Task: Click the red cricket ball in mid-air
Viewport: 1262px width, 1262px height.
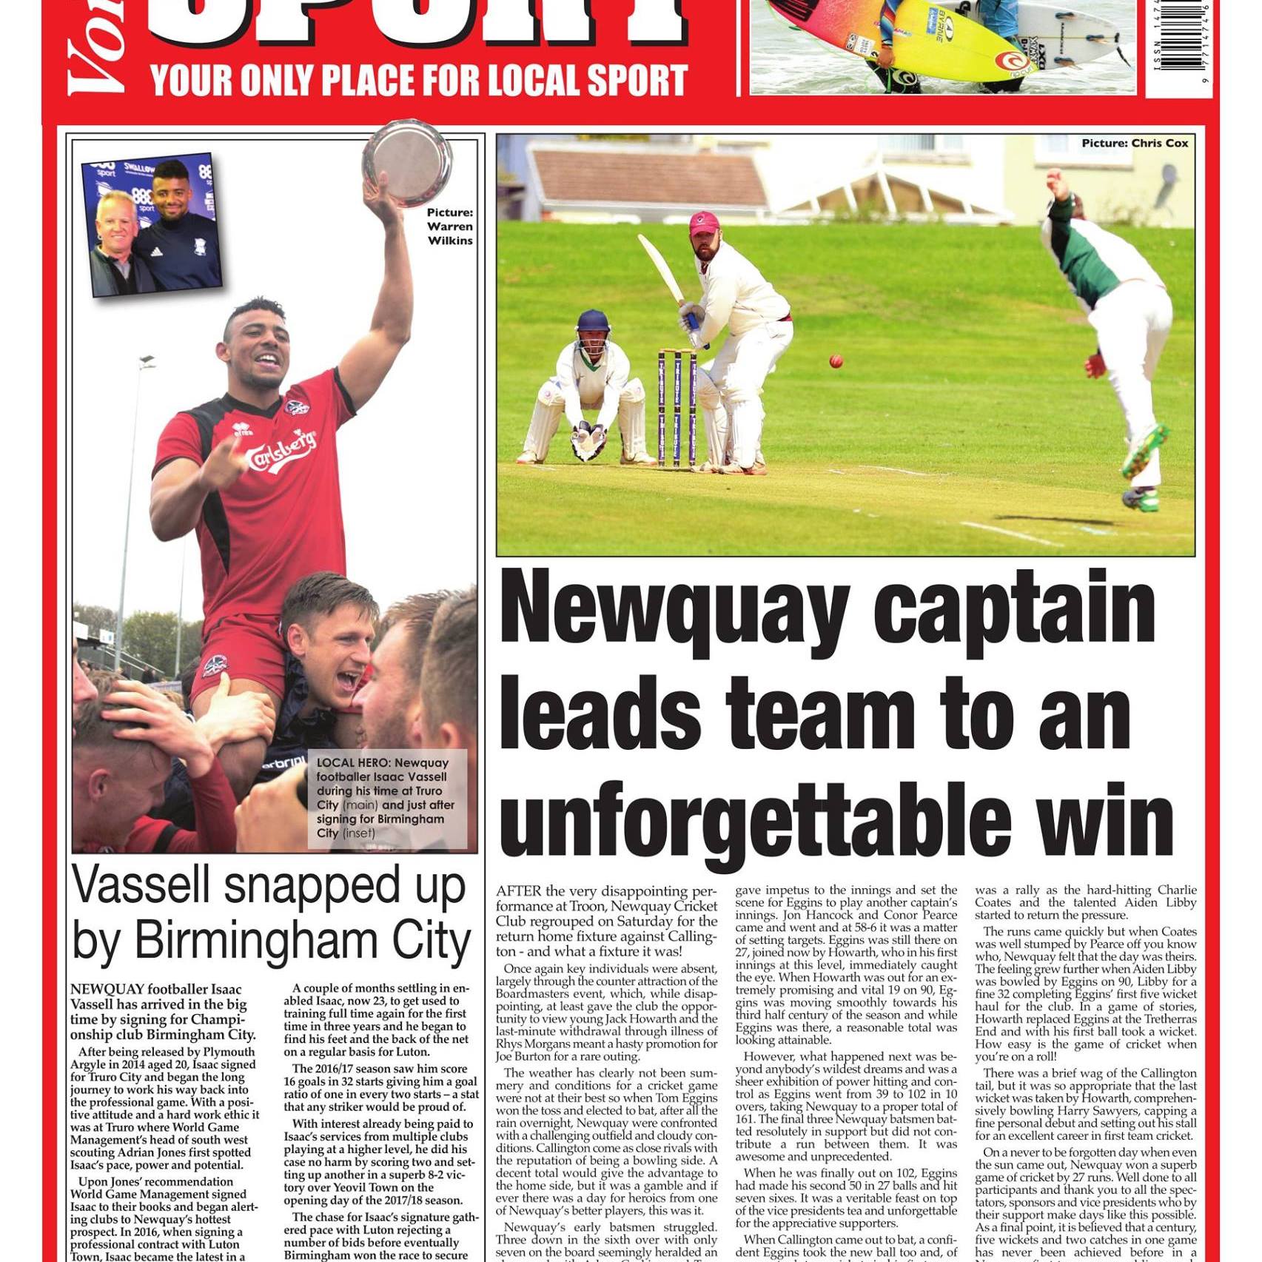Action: click(x=836, y=361)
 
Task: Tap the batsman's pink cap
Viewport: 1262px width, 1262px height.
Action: click(x=704, y=222)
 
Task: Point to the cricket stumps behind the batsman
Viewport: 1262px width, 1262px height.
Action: click(x=677, y=407)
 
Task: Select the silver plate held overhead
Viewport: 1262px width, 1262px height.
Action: click(x=408, y=163)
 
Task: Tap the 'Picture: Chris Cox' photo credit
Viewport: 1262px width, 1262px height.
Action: click(x=1134, y=144)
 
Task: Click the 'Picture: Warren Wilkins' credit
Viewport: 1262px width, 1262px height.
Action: click(x=449, y=226)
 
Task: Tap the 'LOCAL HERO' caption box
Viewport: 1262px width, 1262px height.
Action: click(x=386, y=798)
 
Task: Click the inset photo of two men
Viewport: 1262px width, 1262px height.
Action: click(x=152, y=224)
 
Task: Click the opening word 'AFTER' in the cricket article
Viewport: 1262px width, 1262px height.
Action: click(x=519, y=891)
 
